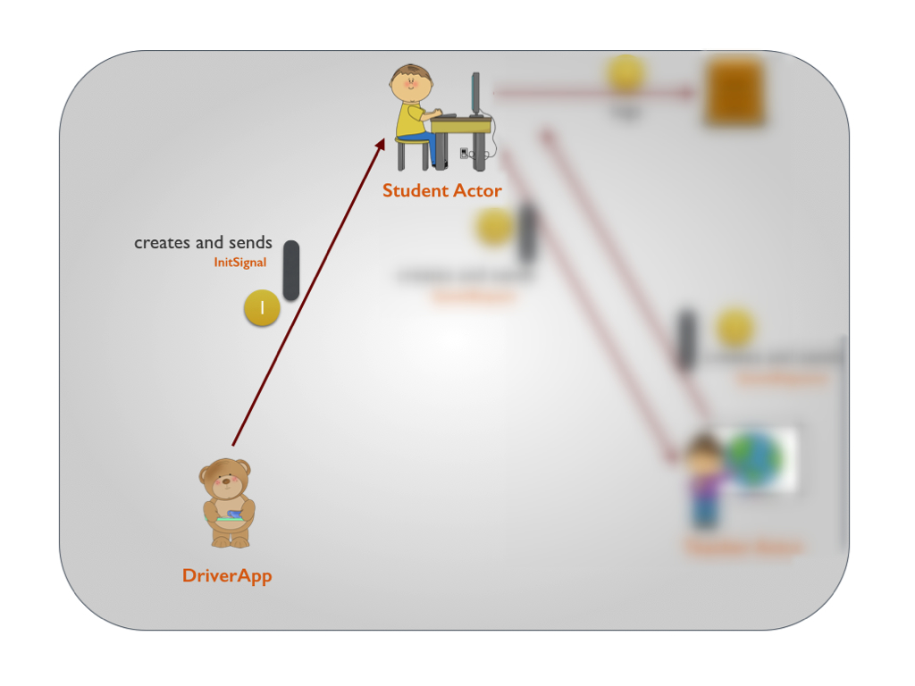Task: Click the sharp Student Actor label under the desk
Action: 441,190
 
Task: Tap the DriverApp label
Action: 227,575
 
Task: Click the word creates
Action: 160,242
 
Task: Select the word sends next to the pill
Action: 252,242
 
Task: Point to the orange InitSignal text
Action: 239,263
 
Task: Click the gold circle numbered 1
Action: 262,308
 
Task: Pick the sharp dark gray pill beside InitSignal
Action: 291,270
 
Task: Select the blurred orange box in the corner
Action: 735,91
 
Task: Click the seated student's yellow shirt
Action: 412,120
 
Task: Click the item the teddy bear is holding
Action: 231,515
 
